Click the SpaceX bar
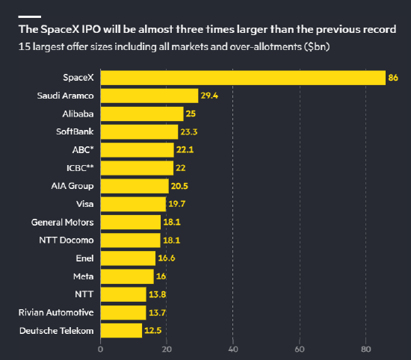click(243, 78)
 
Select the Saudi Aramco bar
click(149, 96)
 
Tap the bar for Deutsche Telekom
click(121, 331)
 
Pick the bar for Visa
click(133, 204)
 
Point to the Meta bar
click(127, 276)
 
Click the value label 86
click(393, 78)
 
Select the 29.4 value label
click(209, 96)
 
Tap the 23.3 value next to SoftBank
click(189, 131)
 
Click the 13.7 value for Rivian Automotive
click(157, 313)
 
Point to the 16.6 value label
click(167, 258)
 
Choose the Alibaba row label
click(78, 114)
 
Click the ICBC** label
click(80, 168)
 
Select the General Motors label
click(62, 222)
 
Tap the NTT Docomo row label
click(67, 240)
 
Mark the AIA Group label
click(72, 186)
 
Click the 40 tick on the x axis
click(232, 350)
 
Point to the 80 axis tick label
click(366, 350)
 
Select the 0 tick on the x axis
click(100, 350)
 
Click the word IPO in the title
click(91, 29)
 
